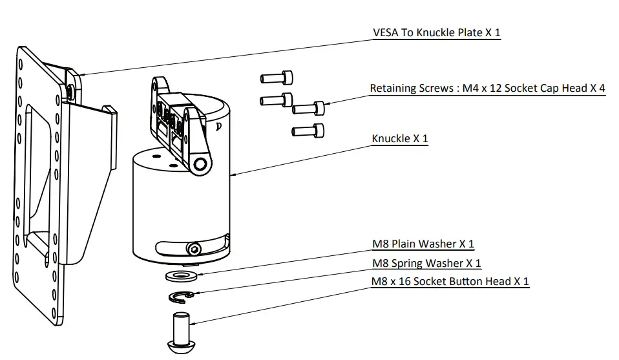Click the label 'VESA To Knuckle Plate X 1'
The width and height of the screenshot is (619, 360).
point(436,32)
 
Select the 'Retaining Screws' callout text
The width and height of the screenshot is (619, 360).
point(487,89)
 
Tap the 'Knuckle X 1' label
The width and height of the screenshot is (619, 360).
point(399,139)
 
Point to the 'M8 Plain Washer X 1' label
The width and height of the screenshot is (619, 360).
point(423,244)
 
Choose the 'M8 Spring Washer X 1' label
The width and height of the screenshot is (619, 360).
point(426,264)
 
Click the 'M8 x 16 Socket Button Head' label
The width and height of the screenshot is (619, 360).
point(450,282)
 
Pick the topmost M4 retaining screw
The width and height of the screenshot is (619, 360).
point(277,78)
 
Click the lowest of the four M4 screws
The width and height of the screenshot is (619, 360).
point(307,131)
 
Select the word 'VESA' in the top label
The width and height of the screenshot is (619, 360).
point(386,32)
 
